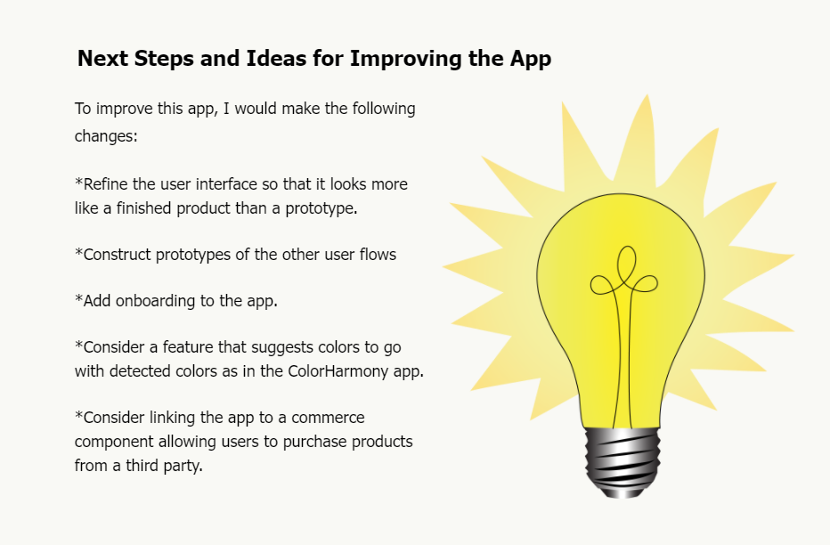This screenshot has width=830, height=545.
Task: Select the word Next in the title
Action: click(102, 60)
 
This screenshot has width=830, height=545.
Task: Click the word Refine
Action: click(106, 184)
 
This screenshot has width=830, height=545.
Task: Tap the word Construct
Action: click(118, 255)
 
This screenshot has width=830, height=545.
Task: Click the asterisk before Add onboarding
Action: click(78, 300)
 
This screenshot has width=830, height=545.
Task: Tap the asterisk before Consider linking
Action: click(78, 417)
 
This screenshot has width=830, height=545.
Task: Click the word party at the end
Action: click(181, 466)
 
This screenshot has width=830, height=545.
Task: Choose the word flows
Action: click(377, 255)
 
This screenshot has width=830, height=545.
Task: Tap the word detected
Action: click(139, 372)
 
